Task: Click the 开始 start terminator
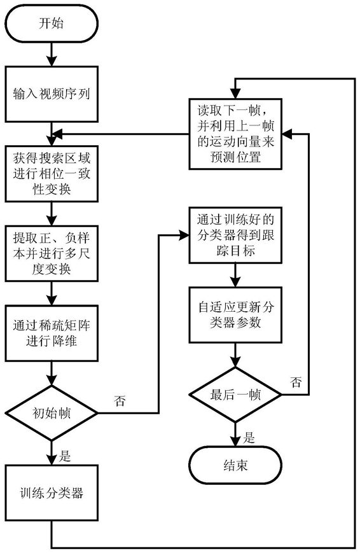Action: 52,24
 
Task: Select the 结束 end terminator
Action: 235,465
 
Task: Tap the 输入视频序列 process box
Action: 52,94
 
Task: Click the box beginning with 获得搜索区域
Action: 52,174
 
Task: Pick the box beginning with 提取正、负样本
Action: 52,253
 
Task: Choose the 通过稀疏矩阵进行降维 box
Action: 52,333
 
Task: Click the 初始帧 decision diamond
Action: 52,412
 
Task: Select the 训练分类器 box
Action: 52,493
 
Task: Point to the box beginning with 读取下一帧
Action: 235,134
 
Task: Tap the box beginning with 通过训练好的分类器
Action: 235,235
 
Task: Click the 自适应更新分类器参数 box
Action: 235,314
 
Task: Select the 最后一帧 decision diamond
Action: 235,395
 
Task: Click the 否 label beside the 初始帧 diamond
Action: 120,401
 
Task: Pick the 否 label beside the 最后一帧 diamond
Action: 296,382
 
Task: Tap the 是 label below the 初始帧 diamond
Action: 64,456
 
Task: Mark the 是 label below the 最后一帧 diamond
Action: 249,438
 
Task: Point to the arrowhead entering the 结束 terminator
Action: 235,441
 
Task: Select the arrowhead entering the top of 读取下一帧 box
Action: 235,94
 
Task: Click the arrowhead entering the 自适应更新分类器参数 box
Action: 235,281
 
